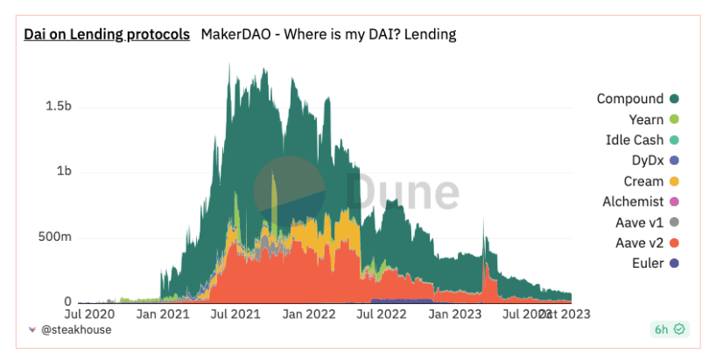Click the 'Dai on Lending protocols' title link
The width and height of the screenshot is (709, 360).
[x=107, y=35]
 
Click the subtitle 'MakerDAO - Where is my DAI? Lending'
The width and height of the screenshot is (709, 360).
[x=328, y=35]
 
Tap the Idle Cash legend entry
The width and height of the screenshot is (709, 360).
[x=635, y=140]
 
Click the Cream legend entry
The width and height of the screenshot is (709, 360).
[x=645, y=181]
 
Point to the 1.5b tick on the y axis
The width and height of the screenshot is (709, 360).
[x=58, y=106]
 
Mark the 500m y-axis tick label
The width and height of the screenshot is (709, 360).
[x=53, y=237]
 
